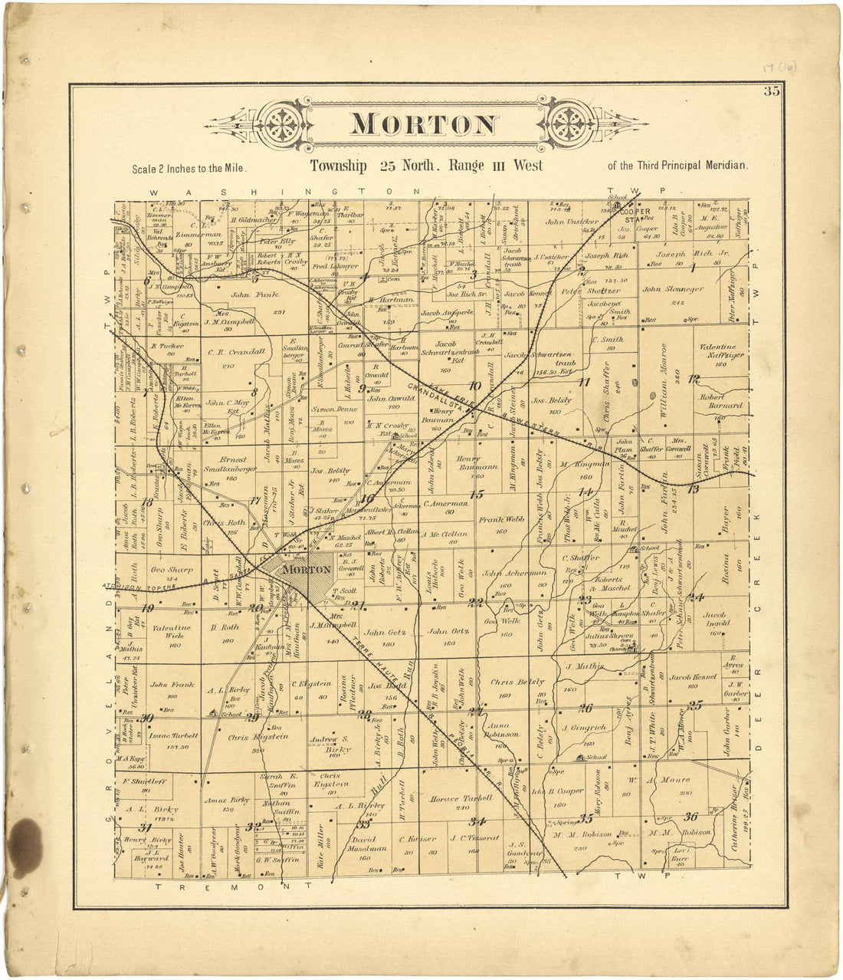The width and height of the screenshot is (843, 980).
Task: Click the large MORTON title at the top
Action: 424,124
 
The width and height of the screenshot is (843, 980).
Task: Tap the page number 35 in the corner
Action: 771,94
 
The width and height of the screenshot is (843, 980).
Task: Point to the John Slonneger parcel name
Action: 673,290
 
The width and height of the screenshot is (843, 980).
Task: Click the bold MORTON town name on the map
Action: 307,570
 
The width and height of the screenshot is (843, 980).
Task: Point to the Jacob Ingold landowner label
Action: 714,620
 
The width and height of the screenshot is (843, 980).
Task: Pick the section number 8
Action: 254,393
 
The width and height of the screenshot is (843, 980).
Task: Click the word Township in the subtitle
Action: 338,166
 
